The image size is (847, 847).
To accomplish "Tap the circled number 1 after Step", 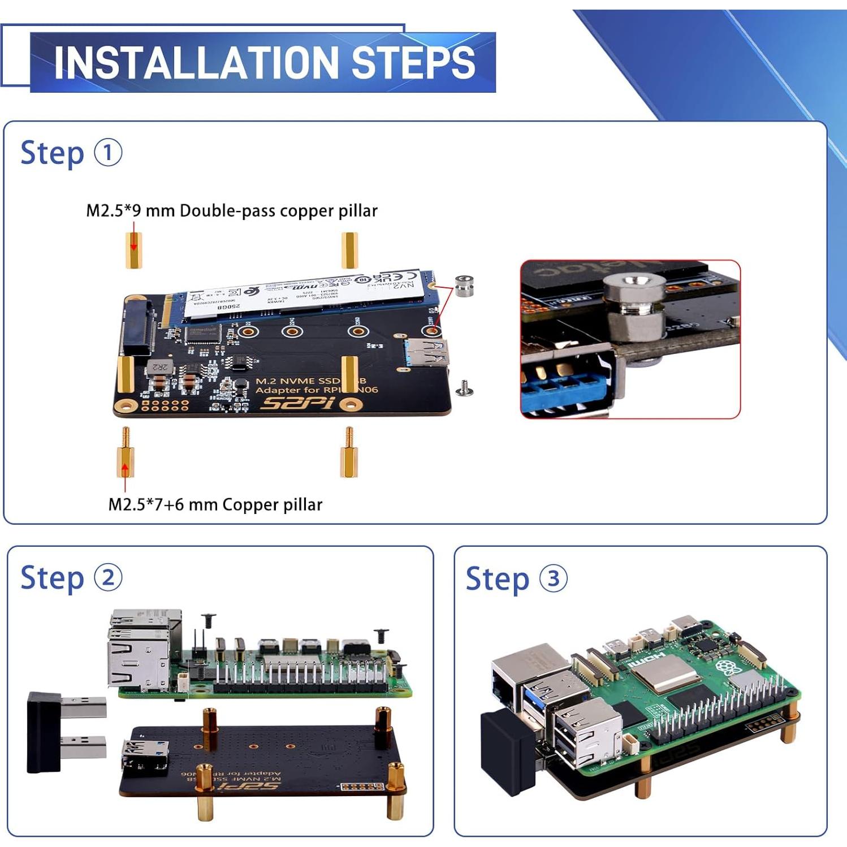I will [107, 153].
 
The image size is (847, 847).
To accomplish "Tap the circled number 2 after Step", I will [108, 578].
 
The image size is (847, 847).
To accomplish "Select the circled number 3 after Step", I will [553, 579].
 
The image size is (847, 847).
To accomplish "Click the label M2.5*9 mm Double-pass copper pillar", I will [231, 211].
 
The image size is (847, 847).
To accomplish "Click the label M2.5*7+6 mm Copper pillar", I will [215, 504].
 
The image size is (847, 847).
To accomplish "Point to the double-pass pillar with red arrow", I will [133, 250].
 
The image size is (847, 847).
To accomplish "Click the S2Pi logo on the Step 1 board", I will [297, 404].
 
